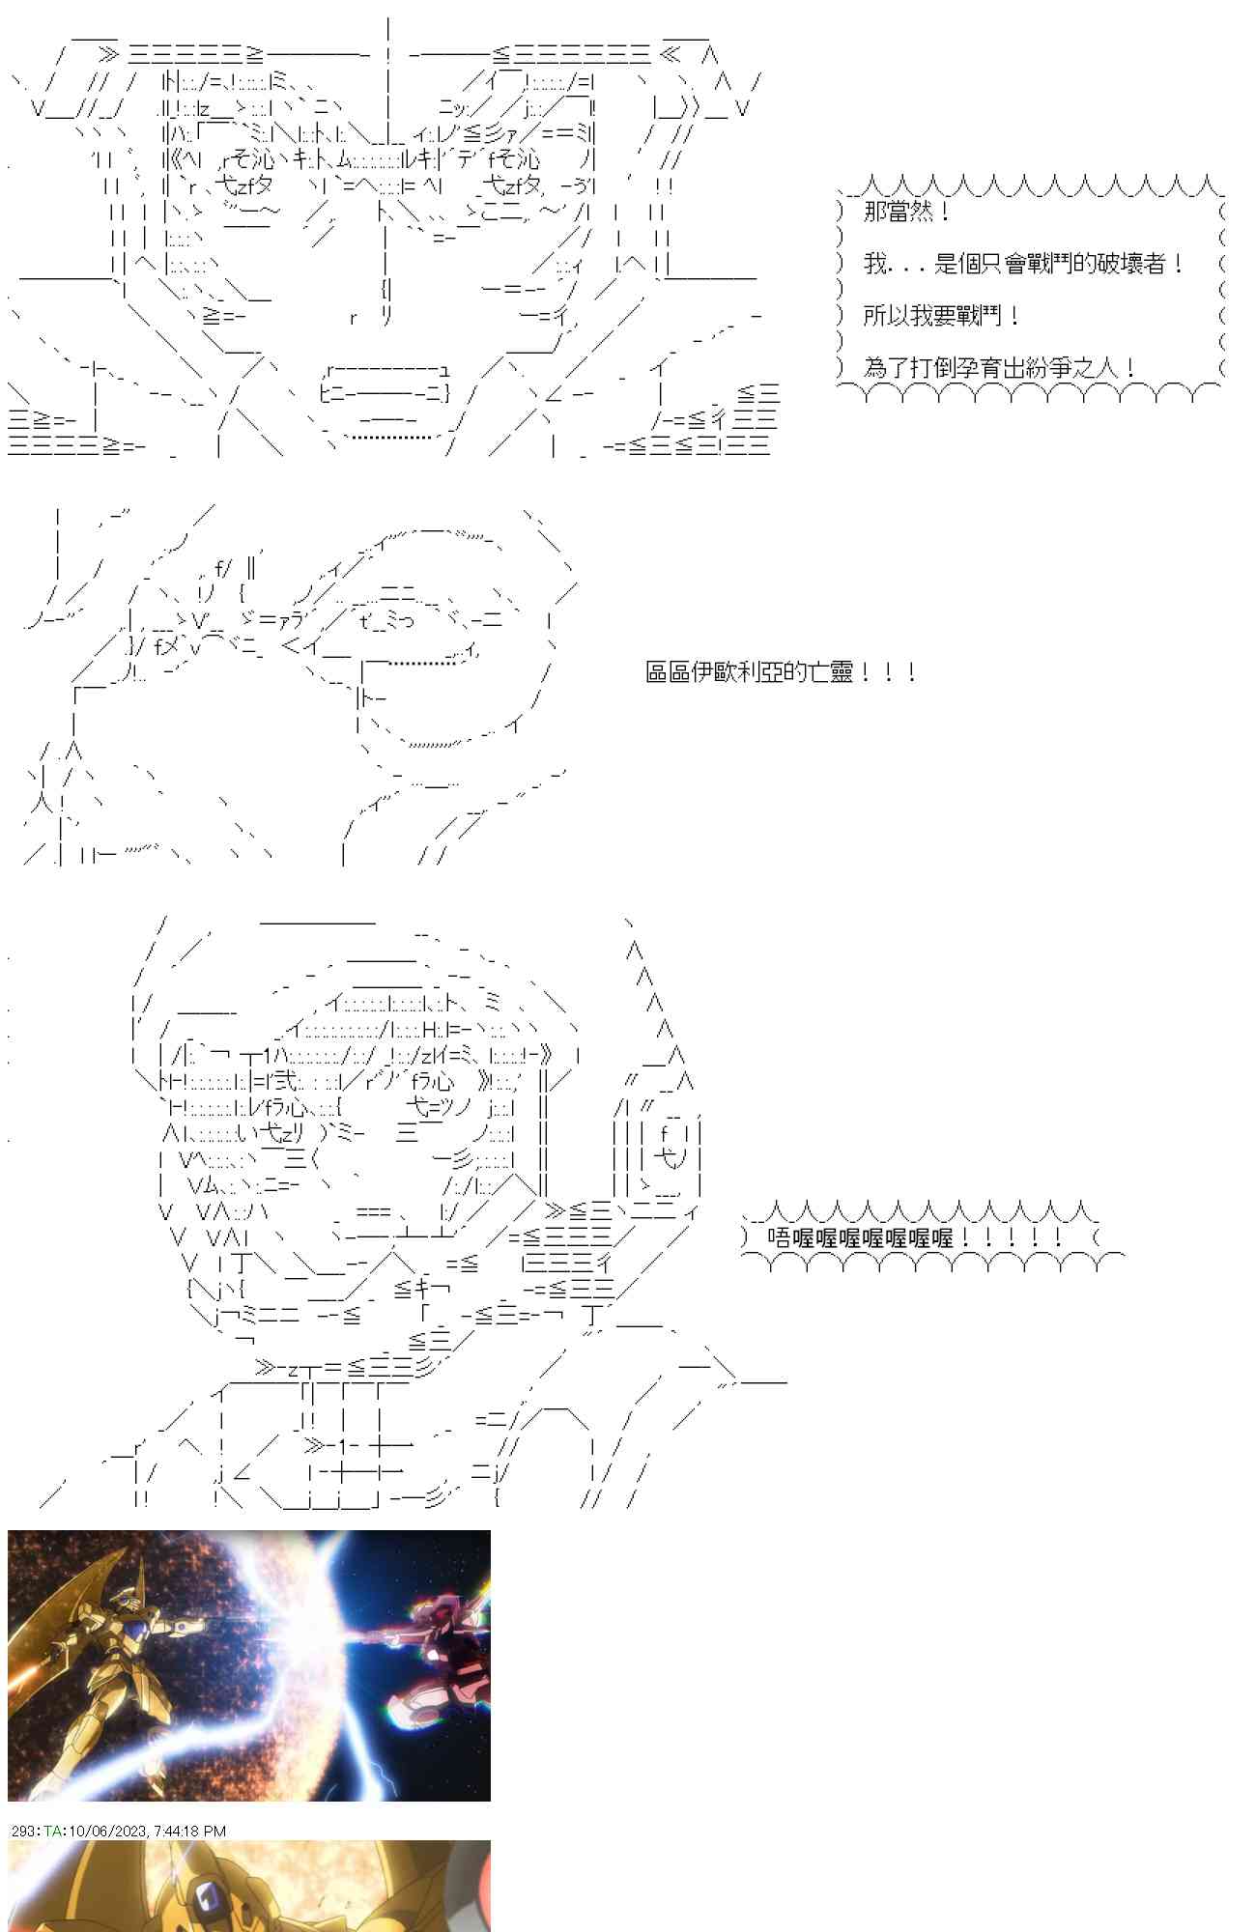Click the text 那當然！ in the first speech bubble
tap(906, 212)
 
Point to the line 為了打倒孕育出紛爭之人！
tap(999, 368)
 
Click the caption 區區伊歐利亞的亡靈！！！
tap(781, 672)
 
